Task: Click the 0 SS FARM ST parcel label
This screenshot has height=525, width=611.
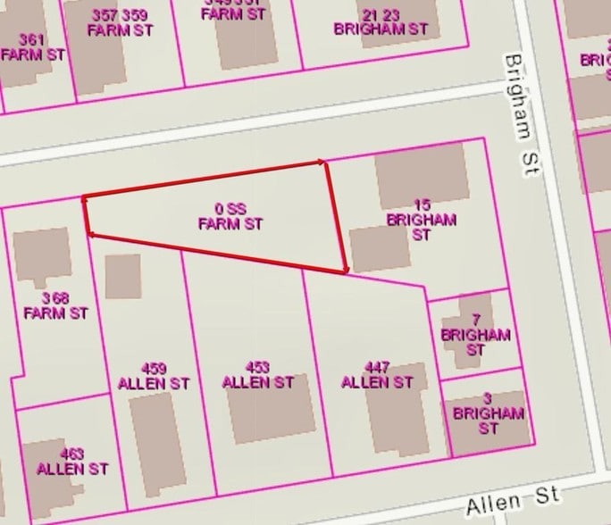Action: tap(230, 216)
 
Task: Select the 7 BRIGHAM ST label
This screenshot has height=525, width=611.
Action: tap(475, 335)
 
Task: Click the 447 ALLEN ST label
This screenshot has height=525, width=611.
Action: tap(377, 374)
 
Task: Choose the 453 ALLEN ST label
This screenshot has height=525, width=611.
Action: tap(257, 374)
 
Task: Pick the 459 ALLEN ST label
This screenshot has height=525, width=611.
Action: tap(154, 375)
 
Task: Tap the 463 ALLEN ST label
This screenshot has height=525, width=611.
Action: tap(72, 461)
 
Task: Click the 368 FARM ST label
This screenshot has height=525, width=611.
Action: tap(55, 305)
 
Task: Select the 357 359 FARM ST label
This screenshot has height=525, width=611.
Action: tap(120, 22)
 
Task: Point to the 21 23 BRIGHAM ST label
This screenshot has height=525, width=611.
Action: tap(381, 21)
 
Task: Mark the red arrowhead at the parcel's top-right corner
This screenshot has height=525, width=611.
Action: tap(322, 162)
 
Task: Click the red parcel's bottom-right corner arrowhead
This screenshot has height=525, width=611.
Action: tap(345, 269)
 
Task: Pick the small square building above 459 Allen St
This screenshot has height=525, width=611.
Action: tap(122, 277)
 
